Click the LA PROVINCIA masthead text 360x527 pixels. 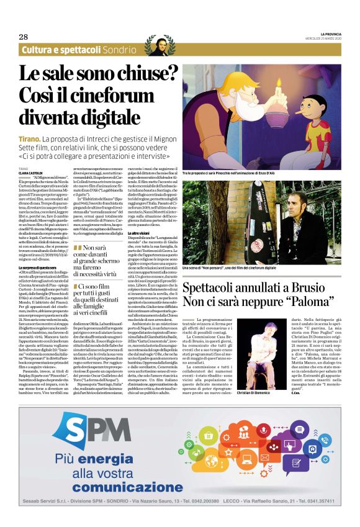pos(324,32)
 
